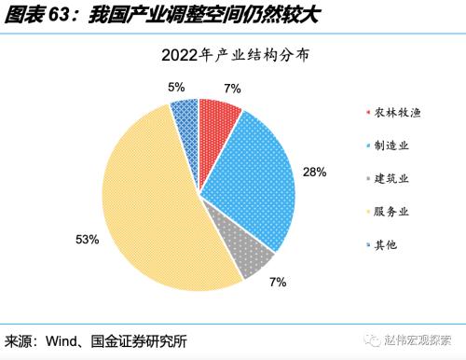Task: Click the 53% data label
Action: tap(87, 240)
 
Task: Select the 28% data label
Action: tap(314, 172)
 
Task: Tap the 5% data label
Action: tap(175, 87)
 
